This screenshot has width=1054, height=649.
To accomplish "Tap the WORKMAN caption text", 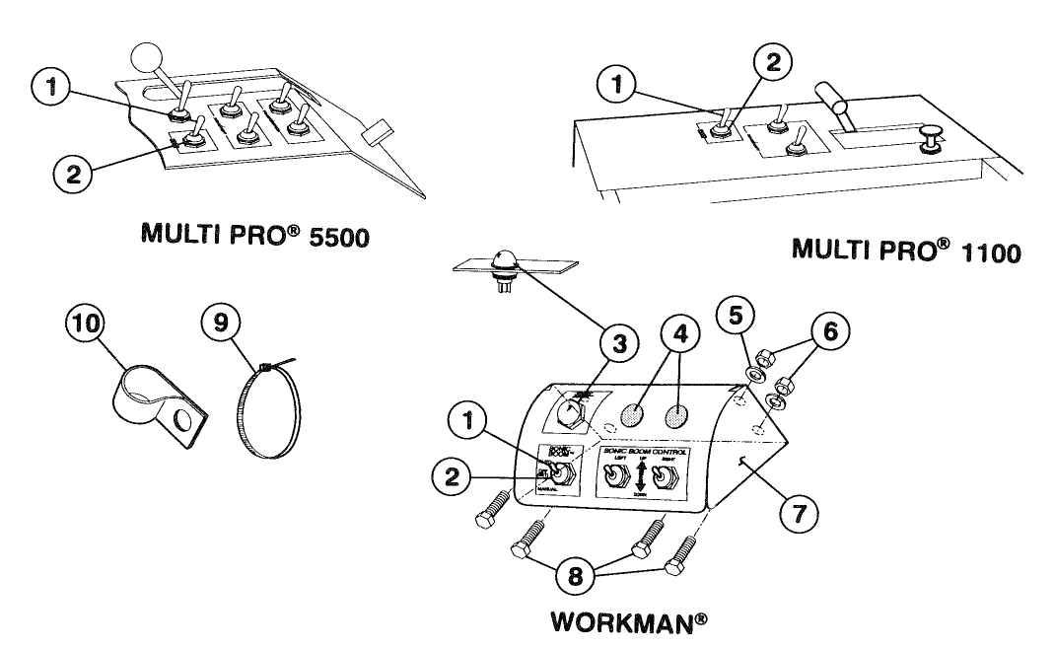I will pos(632,623).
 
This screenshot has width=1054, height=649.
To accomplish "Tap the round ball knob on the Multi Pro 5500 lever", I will pos(151,60).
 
